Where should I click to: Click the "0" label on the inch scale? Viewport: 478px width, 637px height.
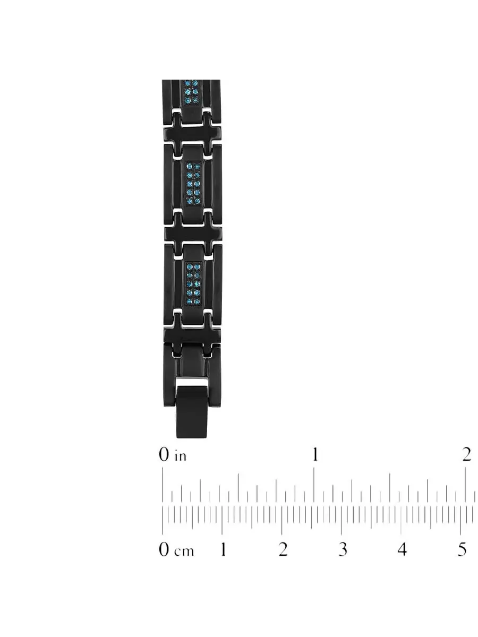164,454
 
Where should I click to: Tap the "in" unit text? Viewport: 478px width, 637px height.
180,456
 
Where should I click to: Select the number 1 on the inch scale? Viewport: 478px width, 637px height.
315,454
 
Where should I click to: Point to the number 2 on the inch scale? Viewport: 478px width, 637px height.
467,454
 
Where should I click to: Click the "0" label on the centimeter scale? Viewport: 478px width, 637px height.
164,549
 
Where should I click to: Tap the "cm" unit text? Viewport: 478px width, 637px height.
184,551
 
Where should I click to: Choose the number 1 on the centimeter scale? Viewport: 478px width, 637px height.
223,549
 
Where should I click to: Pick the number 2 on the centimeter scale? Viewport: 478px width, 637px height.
283,549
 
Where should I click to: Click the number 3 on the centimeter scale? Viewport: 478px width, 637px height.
343,549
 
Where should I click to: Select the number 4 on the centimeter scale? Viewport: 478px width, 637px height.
402,549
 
